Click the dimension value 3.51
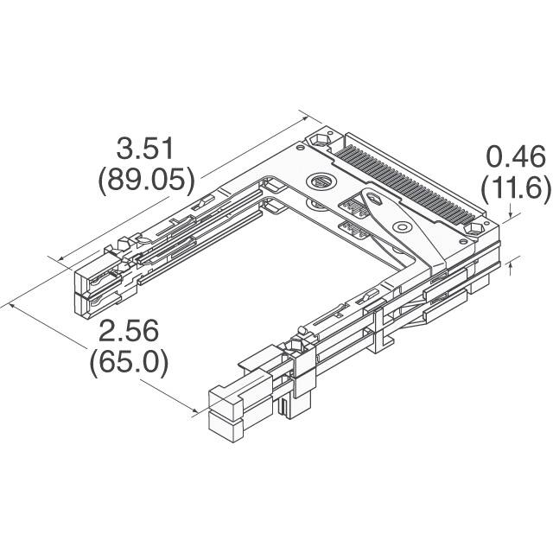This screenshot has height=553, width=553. click(146, 149)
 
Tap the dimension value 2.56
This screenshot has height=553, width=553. click(128, 330)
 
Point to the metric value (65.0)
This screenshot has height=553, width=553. click(129, 361)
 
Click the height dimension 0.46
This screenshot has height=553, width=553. click(515, 156)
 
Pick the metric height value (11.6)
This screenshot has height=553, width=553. click(515, 188)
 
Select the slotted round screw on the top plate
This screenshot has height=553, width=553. click(320, 181)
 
